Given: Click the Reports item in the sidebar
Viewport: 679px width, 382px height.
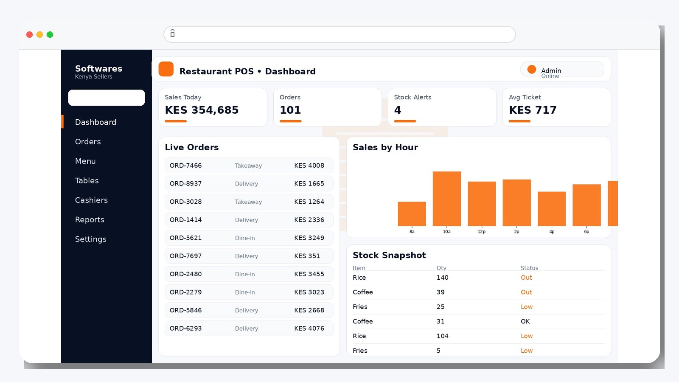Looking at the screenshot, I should [x=90, y=219].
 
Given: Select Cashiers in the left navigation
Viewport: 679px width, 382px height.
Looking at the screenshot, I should [x=91, y=200].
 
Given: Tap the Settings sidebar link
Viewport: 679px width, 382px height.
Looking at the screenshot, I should [x=90, y=239].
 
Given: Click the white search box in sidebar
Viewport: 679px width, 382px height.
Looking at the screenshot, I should [x=107, y=98].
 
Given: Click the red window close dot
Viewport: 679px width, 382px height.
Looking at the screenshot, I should [x=29, y=34].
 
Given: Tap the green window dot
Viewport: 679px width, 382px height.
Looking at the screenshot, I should [x=50, y=34].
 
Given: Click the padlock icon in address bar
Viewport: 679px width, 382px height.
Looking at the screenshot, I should [x=172, y=33].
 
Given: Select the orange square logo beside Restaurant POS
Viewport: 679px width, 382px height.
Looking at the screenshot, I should [x=166, y=69].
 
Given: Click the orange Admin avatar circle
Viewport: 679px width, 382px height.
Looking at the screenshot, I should [x=531, y=69].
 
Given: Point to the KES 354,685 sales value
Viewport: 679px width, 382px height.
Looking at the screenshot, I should [x=202, y=110].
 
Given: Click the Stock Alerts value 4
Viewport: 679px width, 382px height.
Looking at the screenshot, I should [x=398, y=110].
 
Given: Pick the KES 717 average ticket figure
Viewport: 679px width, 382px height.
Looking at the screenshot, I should [x=533, y=110].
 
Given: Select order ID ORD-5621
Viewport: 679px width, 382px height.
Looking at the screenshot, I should [x=185, y=238].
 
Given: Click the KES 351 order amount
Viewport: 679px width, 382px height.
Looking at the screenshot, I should [x=307, y=256].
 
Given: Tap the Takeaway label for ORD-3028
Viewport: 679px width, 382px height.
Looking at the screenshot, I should [x=248, y=202].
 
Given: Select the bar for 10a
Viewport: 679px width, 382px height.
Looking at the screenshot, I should [x=446, y=199].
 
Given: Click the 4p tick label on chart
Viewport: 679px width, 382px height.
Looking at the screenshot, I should [x=552, y=232].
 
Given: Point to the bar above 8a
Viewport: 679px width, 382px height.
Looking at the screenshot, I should [x=412, y=214].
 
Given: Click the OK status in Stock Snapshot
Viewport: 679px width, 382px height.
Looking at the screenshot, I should [x=525, y=321].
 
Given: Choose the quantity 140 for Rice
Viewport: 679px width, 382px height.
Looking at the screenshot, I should [x=442, y=278].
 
